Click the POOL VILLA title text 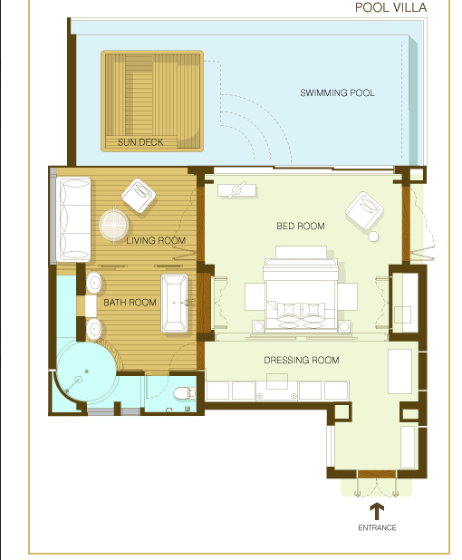coord(390,7)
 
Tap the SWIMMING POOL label coord(337,92)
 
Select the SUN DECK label coord(140,142)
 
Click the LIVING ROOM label coord(156,240)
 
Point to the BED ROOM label coord(301,226)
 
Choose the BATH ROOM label coord(130,303)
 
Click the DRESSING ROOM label coord(302,360)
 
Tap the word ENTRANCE coord(377,527)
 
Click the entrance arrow coord(377,511)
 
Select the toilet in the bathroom coord(184,393)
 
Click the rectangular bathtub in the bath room coord(174,304)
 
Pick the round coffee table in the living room coord(114,225)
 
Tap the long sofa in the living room coord(73,219)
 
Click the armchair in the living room coord(139,196)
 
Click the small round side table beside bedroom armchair coord(373,237)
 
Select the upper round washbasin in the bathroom coord(94,283)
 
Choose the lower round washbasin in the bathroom coord(94,329)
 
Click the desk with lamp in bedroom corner coord(237,190)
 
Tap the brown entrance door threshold coord(377,474)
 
